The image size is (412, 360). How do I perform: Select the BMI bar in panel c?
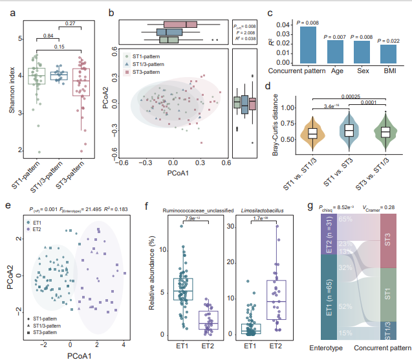click(x=389, y=52)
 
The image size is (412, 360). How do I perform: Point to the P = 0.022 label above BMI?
click(x=389, y=40)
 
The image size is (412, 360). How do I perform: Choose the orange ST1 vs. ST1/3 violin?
click(x=312, y=132)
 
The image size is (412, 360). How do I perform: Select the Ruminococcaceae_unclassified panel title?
click(x=193, y=210)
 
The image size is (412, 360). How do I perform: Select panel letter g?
click(x=311, y=207)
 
